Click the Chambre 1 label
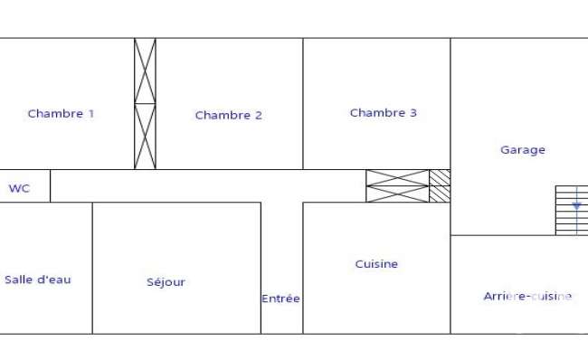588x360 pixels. click(x=61, y=114)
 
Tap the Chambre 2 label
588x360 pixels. click(x=228, y=115)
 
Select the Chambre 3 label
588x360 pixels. click(x=384, y=113)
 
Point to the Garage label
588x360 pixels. click(x=523, y=150)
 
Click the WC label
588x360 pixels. click(x=19, y=188)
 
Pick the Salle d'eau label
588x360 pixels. click(x=38, y=279)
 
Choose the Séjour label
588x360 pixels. click(x=166, y=281)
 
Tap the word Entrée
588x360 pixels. click(x=280, y=298)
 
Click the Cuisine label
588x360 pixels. click(x=376, y=264)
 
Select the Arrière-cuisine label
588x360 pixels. click(x=527, y=297)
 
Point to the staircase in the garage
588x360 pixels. click(x=572, y=211)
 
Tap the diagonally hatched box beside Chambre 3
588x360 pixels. click(x=440, y=186)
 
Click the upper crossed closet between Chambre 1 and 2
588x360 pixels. click(x=145, y=71)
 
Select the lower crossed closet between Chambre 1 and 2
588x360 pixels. click(x=145, y=137)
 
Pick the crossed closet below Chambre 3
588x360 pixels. click(x=397, y=186)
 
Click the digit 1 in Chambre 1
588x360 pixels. click(x=91, y=114)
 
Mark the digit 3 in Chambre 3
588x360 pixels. click(x=413, y=113)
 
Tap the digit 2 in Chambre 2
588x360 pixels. click(x=259, y=115)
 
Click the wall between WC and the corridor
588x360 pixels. click(x=51, y=186)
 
